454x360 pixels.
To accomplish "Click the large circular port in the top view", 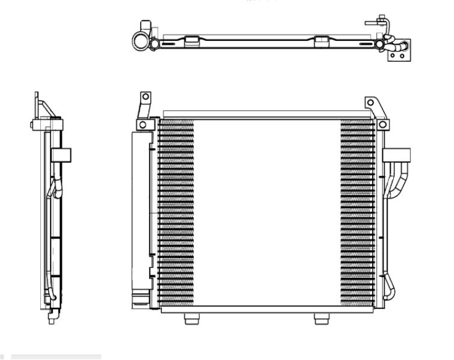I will (140, 41).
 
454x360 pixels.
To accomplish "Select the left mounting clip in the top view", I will (192, 40).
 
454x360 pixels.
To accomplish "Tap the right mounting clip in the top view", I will (321, 40).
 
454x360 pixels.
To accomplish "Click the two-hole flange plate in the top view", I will (397, 52).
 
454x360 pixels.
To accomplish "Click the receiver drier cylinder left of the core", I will (139, 215).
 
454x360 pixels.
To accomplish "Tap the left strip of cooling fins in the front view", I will (175, 213).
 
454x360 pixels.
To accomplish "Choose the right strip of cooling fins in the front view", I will (357, 213).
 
